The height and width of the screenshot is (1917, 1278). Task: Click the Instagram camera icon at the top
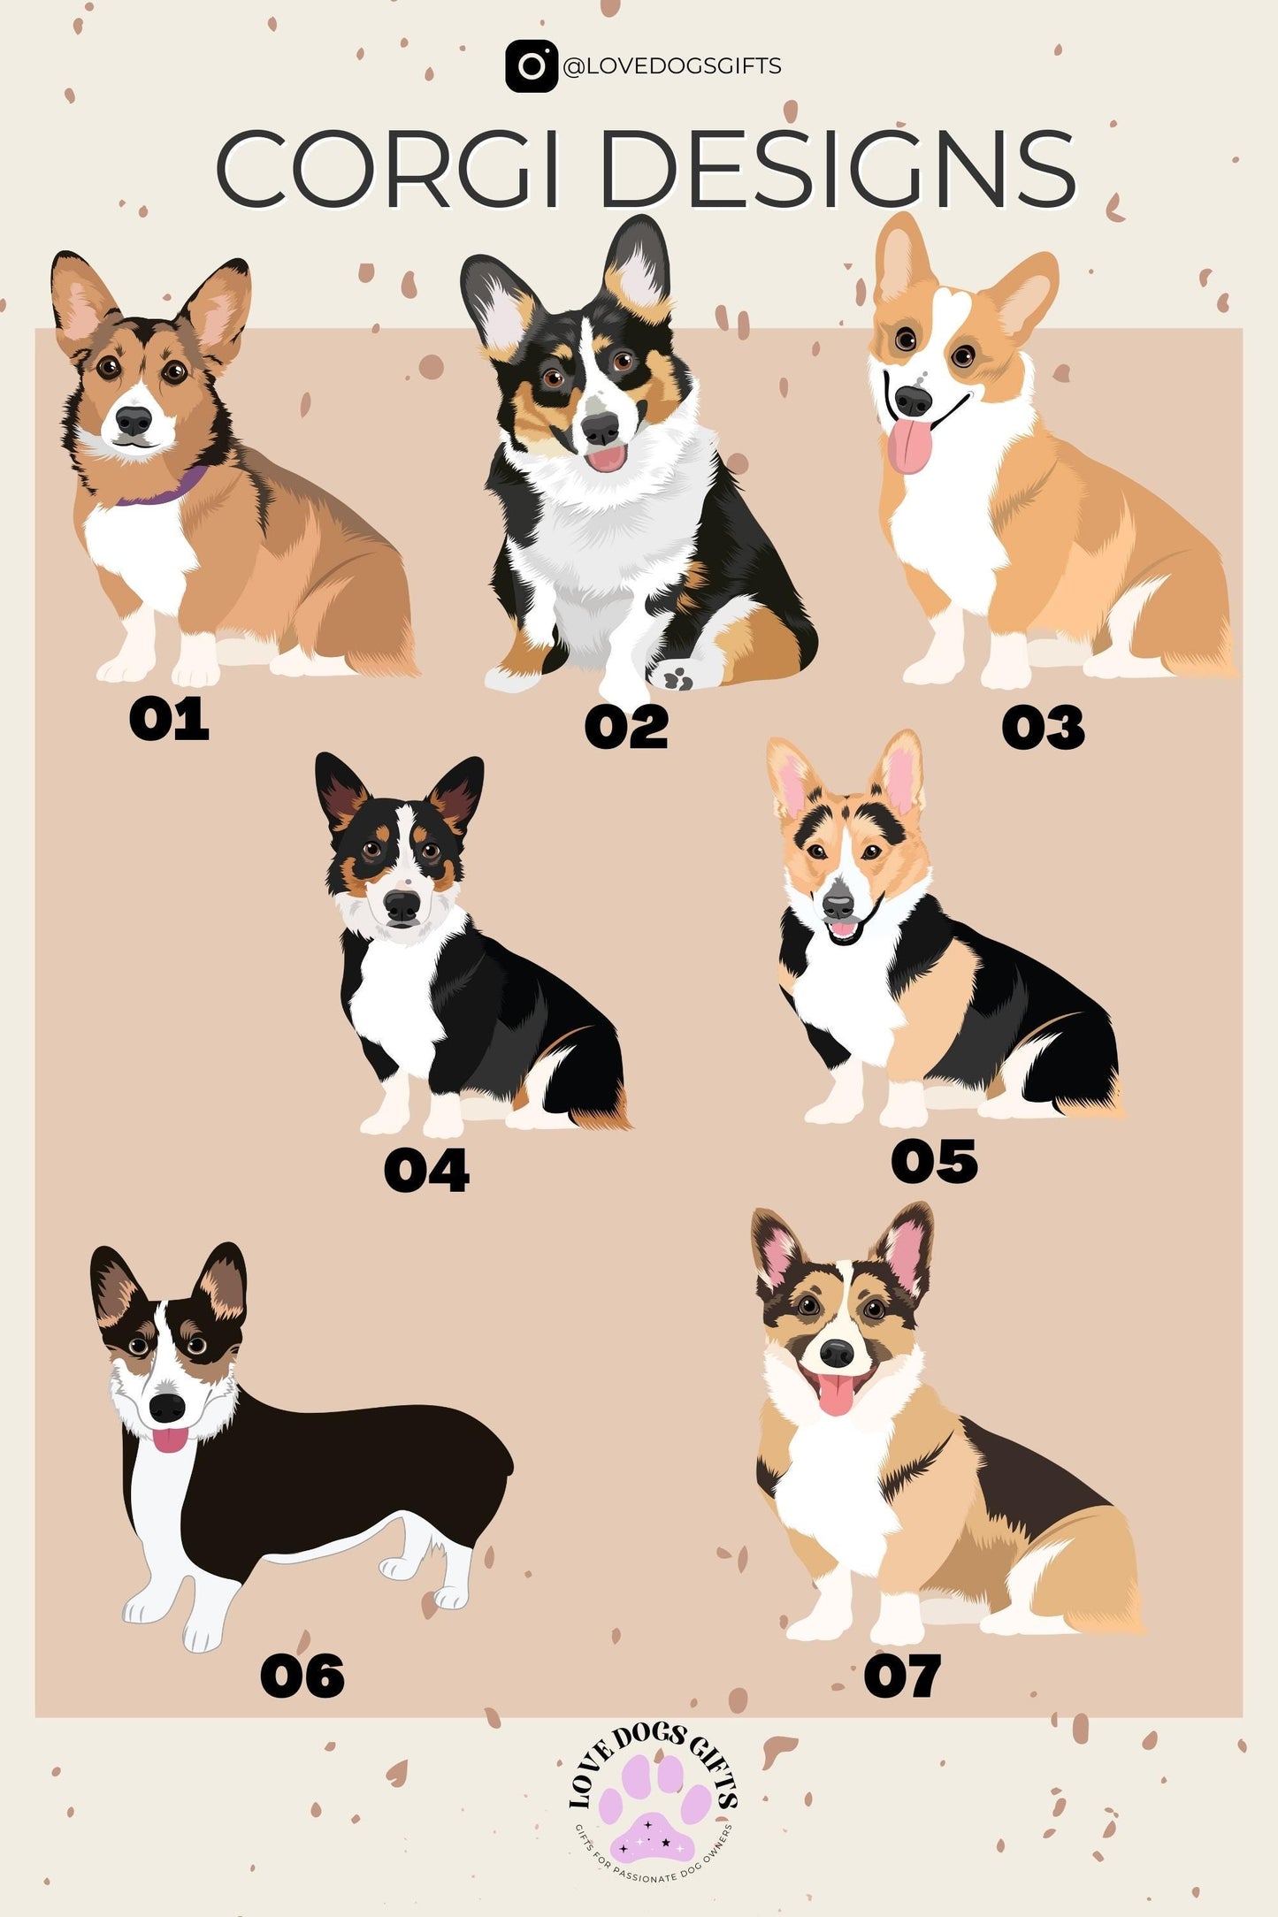[531, 65]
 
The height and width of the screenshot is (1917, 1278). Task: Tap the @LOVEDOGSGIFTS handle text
[672, 66]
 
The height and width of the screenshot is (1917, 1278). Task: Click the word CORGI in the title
[388, 169]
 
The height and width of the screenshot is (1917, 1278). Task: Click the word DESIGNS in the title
[838, 169]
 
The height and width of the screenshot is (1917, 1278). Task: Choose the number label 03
[1043, 728]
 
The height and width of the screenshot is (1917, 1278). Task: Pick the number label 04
[426, 1171]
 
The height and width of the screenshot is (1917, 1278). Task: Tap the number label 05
[934, 1161]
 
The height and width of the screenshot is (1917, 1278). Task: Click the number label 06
[302, 1676]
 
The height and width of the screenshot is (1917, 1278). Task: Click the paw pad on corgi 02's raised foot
[679, 678]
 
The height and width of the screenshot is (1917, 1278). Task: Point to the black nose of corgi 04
[402, 905]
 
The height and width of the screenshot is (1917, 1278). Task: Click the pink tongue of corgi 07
[836, 1394]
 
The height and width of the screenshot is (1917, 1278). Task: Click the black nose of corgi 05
[838, 904]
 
